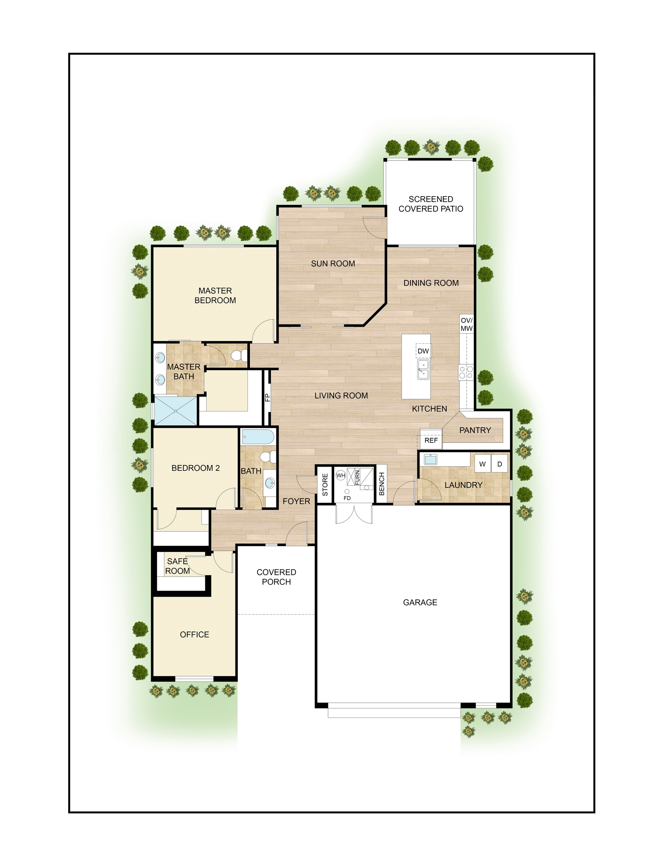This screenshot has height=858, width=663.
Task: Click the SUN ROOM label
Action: (333, 264)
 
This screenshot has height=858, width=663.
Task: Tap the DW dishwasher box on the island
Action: (423, 351)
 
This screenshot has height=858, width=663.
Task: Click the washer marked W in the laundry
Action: (482, 464)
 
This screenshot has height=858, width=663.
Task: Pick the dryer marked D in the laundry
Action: (499, 464)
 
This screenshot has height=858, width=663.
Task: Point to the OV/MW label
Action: (466, 324)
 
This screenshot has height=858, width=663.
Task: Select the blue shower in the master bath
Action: (175, 411)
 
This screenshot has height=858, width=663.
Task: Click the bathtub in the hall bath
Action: (258, 437)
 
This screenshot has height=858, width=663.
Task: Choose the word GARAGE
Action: (420, 602)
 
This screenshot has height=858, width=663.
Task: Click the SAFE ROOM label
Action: (177, 566)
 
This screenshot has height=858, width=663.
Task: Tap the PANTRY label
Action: (475, 430)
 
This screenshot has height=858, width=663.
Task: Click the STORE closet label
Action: (325, 484)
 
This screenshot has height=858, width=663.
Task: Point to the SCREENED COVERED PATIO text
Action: (431, 204)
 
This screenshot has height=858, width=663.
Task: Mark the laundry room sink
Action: (431, 459)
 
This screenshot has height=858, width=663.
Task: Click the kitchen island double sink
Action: (423, 369)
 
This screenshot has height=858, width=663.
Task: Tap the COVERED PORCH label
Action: (276, 577)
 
